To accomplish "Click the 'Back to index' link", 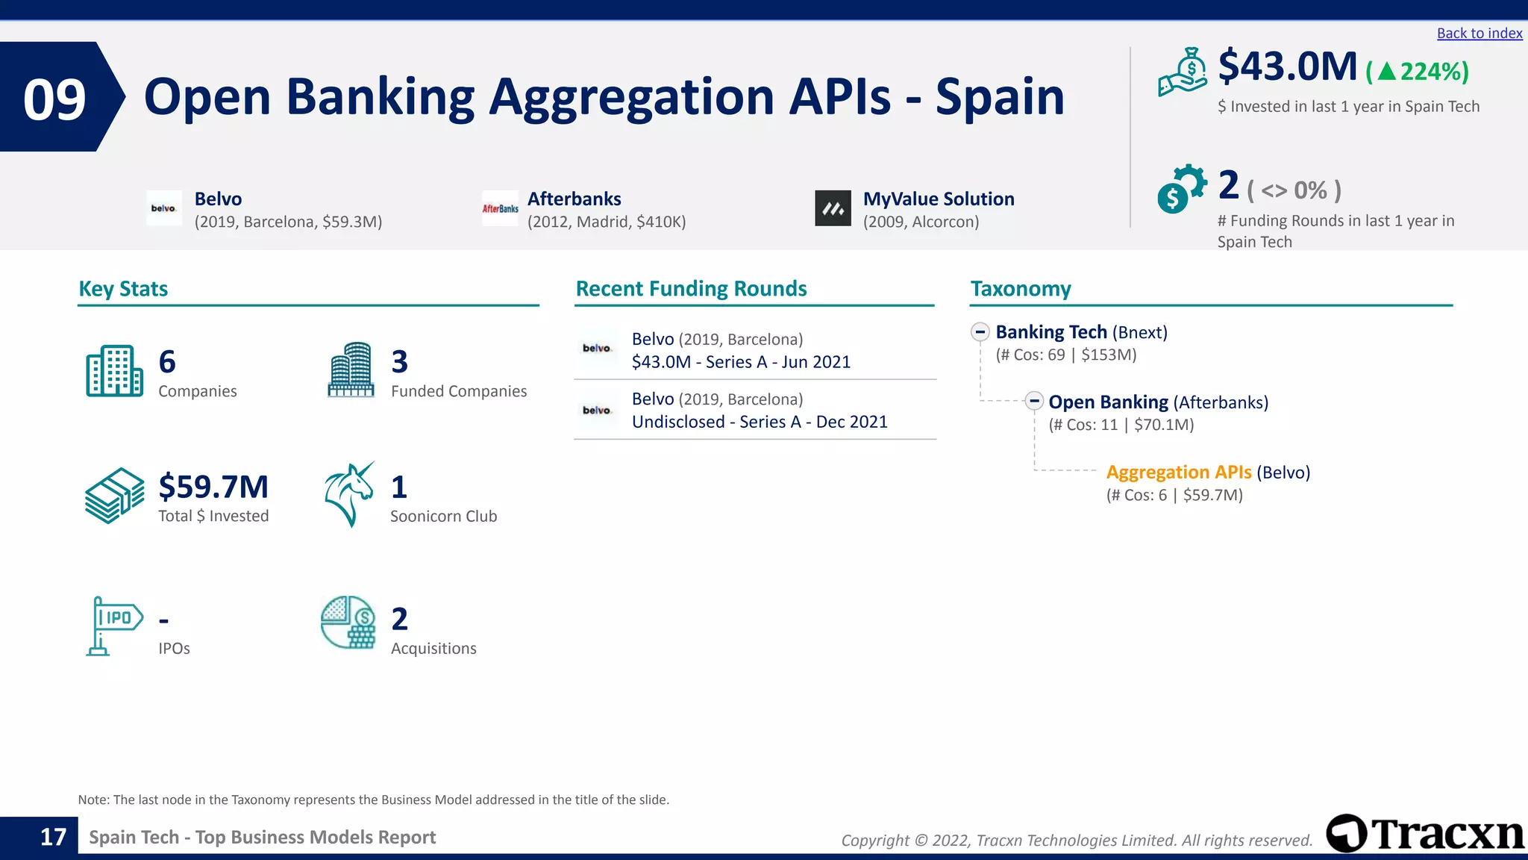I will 1479,34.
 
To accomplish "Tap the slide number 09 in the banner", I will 54,99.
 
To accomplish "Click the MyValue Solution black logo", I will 833,208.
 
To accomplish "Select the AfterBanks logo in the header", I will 500,208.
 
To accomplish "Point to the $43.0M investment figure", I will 1287,66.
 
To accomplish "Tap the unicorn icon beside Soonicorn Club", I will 349,494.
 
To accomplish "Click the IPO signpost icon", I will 113,626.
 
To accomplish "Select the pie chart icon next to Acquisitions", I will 348,622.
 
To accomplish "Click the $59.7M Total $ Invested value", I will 213,487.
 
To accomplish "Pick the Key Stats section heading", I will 123,289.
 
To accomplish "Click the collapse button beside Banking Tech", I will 980,332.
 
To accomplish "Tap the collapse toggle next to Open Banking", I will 1033,402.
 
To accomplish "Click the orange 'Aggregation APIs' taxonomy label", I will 1178,473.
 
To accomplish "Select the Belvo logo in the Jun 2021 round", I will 597,349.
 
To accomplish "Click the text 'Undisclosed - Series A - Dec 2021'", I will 760,422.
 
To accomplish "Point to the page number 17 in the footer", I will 53,838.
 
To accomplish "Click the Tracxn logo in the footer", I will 1425,833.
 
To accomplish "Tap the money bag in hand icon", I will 1183,72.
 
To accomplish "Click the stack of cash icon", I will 114,496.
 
